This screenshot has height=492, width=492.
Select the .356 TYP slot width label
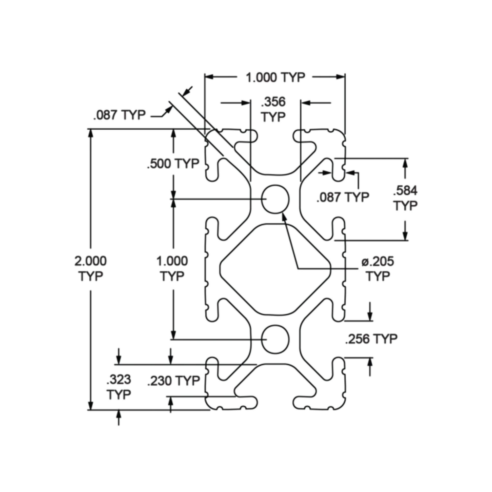(273, 109)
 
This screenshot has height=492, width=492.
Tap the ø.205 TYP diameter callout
(378, 269)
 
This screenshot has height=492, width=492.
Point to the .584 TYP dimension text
(405, 198)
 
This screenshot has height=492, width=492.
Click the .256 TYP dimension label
(371, 339)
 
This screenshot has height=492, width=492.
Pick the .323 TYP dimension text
(119, 387)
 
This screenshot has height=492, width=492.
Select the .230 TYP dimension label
(173, 381)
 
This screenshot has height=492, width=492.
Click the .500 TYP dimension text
(173, 164)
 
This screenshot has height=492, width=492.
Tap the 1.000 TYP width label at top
(275, 77)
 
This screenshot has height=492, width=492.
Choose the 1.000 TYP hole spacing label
(172, 269)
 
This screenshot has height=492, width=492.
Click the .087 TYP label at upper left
(120, 115)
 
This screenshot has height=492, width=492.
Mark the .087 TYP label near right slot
(343, 197)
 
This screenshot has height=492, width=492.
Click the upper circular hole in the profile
(275, 199)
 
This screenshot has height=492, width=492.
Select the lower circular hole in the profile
(275, 339)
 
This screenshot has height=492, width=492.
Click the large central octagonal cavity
(275, 269)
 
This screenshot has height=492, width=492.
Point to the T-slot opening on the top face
(275, 135)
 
